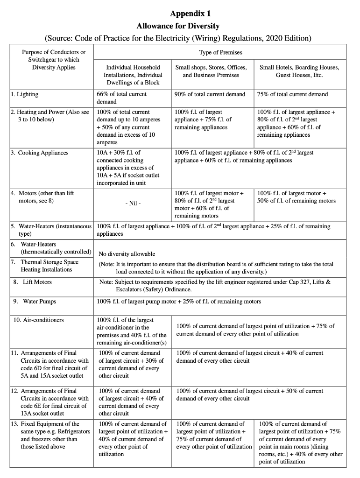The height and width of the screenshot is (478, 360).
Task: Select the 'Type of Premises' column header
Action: pyautogui.click(x=220, y=52)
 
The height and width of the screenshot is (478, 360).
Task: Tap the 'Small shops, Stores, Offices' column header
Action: pyautogui.click(x=211, y=71)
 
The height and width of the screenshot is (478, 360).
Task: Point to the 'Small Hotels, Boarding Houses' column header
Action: pyautogui.click(x=299, y=71)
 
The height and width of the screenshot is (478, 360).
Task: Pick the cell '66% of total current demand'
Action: pyautogui.click(x=121, y=98)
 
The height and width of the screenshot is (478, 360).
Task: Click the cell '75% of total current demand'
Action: pyautogui.click(x=292, y=94)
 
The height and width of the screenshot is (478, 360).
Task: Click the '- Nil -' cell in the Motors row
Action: pyautogui.click(x=133, y=204)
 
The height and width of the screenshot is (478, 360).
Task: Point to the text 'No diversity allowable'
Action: pyautogui.click(x=127, y=254)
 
